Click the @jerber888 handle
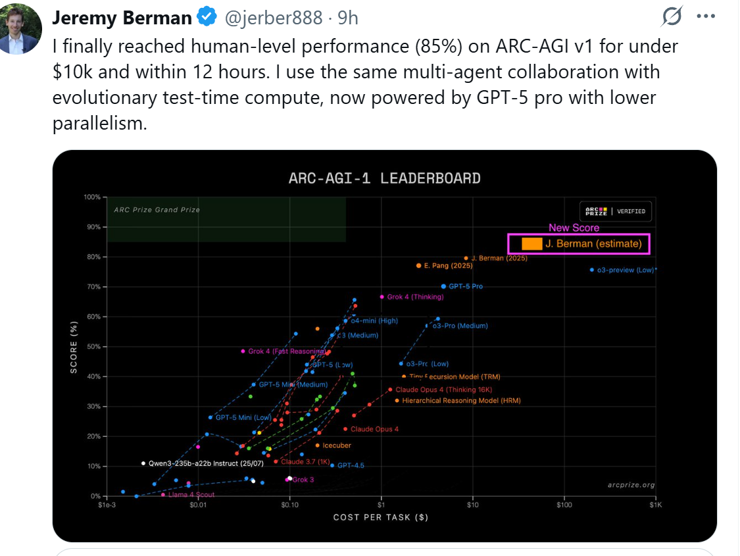(274, 18)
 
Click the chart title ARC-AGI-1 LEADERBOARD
(385, 178)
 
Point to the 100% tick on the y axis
(91, 197)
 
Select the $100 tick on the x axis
(563, 505)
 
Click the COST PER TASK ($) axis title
(381, 517)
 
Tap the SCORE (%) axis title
(74, 346)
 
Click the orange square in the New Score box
(531, 243)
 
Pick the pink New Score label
(574, 228)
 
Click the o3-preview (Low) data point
(592, 270)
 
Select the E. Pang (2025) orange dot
(418, 265)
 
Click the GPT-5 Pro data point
(443, 286)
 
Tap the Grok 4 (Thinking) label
(415, 297)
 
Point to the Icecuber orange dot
(318, 445)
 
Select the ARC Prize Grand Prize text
(157, 210)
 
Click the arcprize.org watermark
(631, 485)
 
